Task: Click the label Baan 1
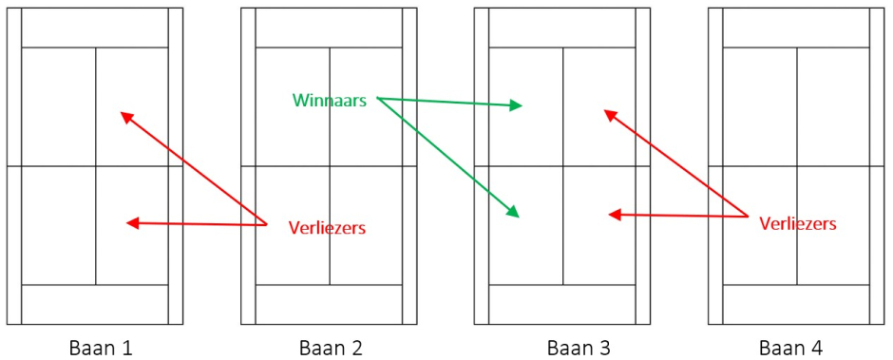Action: point(101,348)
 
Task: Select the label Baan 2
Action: point(331,348)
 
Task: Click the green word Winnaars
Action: point(330,101)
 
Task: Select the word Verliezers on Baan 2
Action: point(327,228)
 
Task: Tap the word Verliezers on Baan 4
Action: point(797,224)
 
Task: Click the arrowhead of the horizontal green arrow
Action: point(516,104)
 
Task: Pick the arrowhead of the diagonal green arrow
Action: point(513,212)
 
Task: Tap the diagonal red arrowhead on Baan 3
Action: point(610,114)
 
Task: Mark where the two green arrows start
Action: point(377,97)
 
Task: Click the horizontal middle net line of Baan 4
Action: point(798,166)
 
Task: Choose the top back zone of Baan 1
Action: point(95,28)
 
